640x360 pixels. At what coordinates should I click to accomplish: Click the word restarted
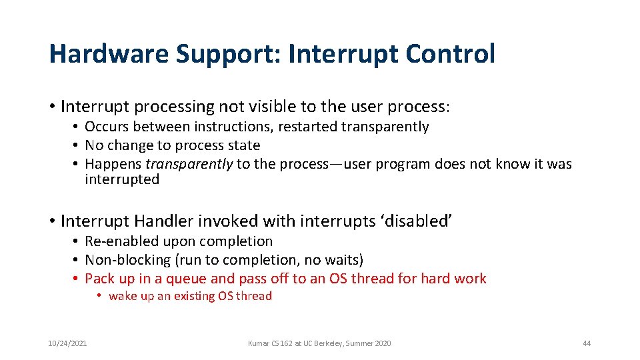(307, 127)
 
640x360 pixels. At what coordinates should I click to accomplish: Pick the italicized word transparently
(189, 164)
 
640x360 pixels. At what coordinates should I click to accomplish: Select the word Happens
(113, 164)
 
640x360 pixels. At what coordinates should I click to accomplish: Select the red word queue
(187, 279)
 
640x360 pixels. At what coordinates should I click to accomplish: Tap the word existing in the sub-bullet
(195, 296)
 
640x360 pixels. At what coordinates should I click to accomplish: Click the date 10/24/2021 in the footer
(67, 343)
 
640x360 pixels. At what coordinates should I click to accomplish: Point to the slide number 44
(587, 343)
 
